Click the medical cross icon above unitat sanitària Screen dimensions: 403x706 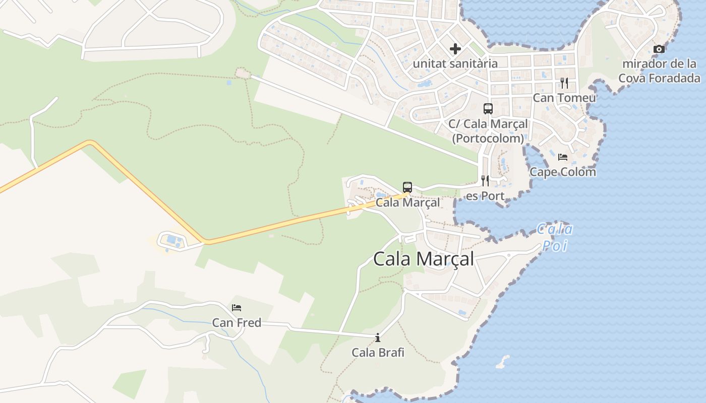tap(455, 49)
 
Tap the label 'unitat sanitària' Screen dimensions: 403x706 tap(455, 63)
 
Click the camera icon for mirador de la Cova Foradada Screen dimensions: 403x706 tap(659, 49)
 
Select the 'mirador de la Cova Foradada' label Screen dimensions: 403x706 tap(659, 71)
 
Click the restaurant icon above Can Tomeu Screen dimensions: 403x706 tap(564, 83)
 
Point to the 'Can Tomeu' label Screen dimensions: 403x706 tap(564, 98)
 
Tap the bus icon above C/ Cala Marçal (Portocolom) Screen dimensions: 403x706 tap(488, 108)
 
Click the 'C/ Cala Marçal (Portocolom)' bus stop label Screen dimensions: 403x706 tap(488, 130)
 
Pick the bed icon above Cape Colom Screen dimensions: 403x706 tap(563, 157)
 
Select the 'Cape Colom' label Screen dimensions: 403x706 tap(563, 172)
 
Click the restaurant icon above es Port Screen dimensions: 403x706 tap(485, 180)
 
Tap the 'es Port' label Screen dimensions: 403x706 tap(485, 196)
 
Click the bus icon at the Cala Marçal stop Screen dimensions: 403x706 tap(407, 187)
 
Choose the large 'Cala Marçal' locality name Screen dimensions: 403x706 tap(424, 259)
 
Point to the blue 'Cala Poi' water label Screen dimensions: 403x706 tap(555, 237)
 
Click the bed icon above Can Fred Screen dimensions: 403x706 tap(237, 307)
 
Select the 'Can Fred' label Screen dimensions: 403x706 tap(237, 322)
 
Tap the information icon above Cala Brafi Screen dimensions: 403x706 tap(378, 338)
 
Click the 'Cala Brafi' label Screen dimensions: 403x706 tap(378, 353)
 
